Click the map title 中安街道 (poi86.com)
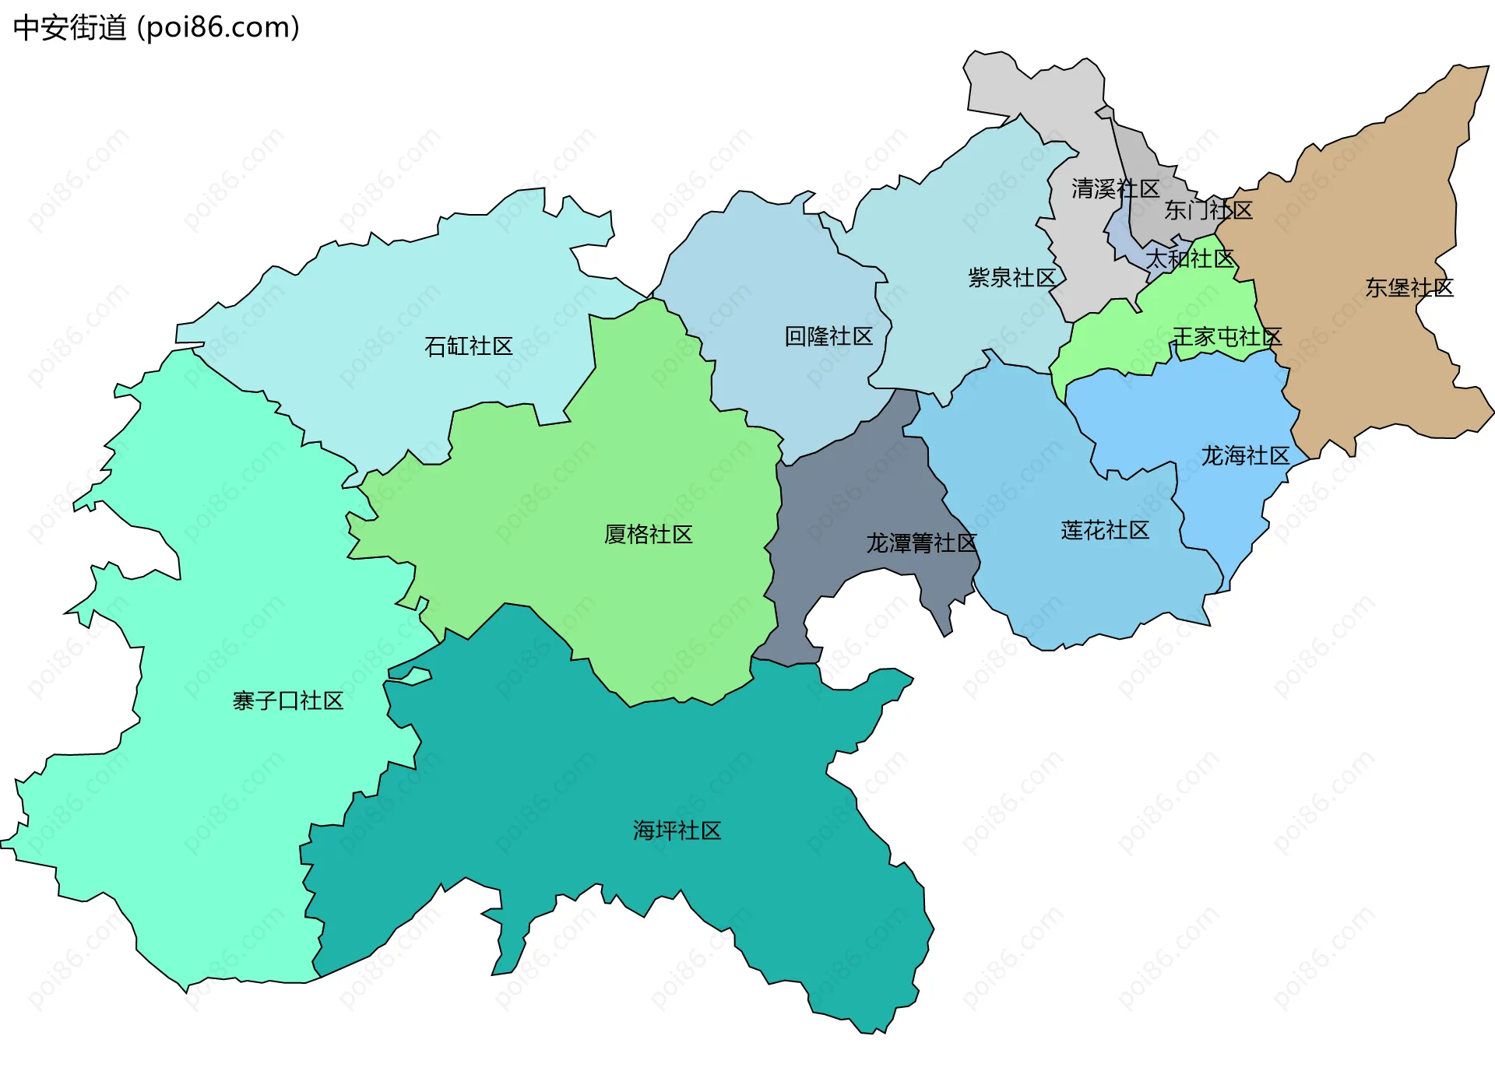coord(156,28)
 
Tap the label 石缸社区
coord(468,346)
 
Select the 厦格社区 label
coord(648,535)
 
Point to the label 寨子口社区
coord(287,701)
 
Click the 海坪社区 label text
coord(677,831)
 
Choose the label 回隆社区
coord(828,337)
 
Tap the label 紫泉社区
coord(1011,278)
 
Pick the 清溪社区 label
coord(1115,189)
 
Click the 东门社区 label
coord(1208,210)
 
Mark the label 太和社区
coord(1189,259)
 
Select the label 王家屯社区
coord(1226,338)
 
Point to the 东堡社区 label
coord(1409,288)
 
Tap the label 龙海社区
coord(1244,456)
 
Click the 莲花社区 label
coord(1104,531)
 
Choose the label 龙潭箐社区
coord(921,543)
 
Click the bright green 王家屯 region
coord(1106,342)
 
